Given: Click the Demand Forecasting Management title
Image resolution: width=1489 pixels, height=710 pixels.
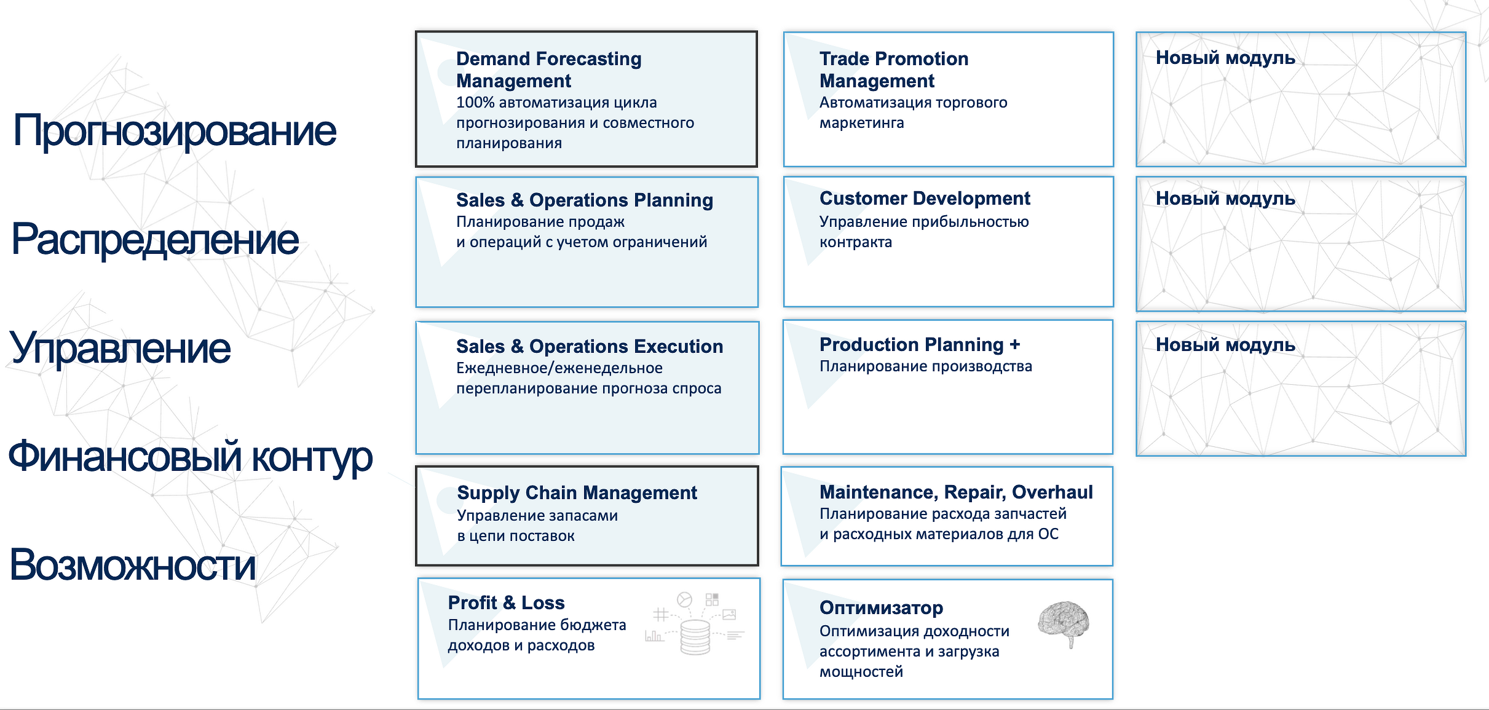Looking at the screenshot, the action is click(x=548, y=69).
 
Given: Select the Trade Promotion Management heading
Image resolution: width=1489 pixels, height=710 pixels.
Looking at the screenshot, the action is click(x=894, y=69).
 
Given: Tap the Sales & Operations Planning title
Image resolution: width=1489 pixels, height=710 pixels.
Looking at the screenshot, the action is click(x=585, y=200).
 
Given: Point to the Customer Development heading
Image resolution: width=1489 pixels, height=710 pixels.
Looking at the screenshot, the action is click(x=925, y=198).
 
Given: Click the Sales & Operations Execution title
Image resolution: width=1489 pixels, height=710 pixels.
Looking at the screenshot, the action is click(x=590, y=346).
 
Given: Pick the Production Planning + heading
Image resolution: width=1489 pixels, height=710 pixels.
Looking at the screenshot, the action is click(x=920, y=344).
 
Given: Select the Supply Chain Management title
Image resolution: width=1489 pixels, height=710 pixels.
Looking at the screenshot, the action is click(x=577, y=492).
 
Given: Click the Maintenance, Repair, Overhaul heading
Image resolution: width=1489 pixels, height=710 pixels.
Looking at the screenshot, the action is click(x=956, y=492).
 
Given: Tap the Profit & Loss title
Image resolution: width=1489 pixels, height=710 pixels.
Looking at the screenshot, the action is click(x=506, y=602).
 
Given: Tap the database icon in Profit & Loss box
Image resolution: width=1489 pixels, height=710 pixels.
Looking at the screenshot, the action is click(x=695, y=637).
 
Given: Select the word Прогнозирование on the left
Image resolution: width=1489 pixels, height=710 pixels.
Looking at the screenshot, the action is click(x=175, y=131).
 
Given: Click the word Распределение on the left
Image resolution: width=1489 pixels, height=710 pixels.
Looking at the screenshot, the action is click(x=155, y=239).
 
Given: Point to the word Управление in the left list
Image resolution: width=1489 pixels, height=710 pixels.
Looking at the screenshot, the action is click(x=120, y=349).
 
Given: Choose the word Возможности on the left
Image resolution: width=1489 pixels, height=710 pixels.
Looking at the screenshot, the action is click(x=133, y=565).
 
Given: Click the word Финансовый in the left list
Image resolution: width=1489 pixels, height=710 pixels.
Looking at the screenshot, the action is click(x=125, y=457).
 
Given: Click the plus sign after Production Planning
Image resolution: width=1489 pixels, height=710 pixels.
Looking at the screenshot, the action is click(x=1014, y=344).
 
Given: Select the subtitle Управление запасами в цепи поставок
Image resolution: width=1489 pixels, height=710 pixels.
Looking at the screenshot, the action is click(x=537, y=526).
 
